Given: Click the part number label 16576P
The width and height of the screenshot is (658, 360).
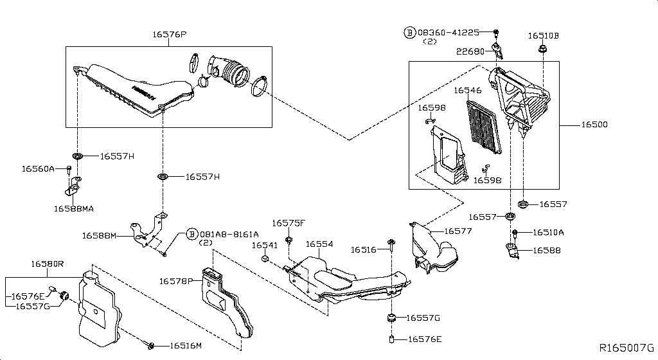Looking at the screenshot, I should pos(170,35).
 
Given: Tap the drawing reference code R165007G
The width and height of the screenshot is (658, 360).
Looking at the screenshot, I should pos(627,348).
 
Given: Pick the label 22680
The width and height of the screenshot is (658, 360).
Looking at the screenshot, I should pos(470,51).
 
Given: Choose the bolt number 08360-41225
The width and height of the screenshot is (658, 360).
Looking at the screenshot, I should pos(448,32).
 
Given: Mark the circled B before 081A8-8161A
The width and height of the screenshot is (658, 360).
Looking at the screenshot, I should pos(191,235).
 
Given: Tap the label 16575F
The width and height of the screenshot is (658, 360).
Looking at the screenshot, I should pos(289,223).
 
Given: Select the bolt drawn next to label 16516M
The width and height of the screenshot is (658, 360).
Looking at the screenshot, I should pos(150,346).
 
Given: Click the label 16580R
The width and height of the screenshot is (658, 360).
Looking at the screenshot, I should pos(48,264).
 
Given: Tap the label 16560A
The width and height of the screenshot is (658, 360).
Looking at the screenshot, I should pos(39,168).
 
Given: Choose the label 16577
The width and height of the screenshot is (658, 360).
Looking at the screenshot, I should pos(458,231).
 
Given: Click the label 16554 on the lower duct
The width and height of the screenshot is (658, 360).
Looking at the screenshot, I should pos(319,244).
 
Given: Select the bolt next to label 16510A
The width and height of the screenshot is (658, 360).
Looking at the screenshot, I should pos(515,233).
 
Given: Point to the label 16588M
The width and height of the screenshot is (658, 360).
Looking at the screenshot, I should pos(98,236).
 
